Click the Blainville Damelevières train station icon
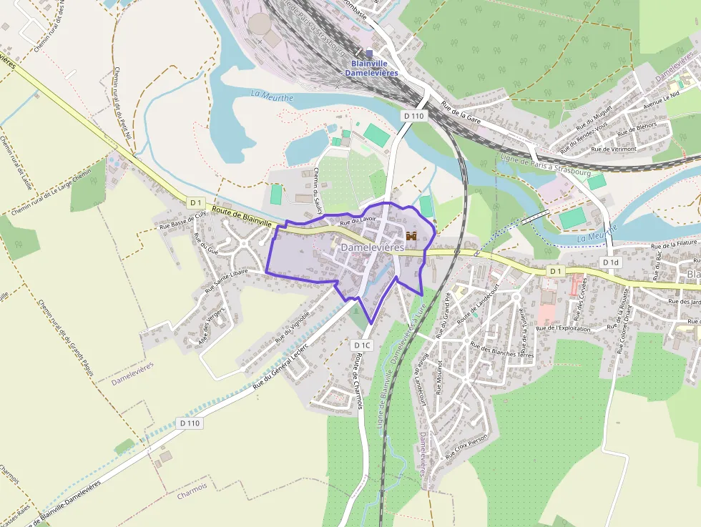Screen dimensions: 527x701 tap(370, 53)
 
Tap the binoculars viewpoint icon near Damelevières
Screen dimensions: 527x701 tap(411, 235)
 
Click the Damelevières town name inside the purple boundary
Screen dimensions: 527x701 tap(373, 247)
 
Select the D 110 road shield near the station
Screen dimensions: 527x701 tap(413, 115)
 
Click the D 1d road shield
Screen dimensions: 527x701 tap(609, 262)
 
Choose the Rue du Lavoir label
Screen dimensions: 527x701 tap(358, 221)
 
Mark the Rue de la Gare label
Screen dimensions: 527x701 tap(461, 113)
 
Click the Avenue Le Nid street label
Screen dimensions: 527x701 tap(661, 99)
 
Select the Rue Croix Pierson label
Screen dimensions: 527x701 tap(466, 447)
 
